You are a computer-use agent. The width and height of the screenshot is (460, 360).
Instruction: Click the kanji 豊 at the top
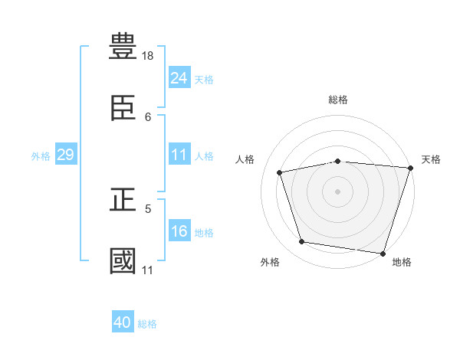(123, 46)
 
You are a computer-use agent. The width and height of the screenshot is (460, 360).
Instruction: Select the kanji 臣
(123, 108)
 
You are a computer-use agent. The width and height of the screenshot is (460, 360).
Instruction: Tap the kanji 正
(123, 199)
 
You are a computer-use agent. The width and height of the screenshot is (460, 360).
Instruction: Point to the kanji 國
(123, 260)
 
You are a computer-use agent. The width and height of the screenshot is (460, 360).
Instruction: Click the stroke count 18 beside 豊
(147, 56)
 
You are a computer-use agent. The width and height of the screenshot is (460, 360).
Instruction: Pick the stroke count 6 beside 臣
(148, 117)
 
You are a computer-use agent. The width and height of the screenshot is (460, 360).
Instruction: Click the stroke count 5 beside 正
(148, 209)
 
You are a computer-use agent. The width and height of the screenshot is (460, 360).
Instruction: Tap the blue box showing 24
(179, 77)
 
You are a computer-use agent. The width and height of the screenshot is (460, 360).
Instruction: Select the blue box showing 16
(179, 230)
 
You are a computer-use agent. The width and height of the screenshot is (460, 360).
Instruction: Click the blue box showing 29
(66, 154)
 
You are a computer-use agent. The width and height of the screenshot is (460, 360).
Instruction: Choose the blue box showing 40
(123, 321)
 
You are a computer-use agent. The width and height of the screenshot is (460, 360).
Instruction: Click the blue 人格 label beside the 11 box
(204, 156)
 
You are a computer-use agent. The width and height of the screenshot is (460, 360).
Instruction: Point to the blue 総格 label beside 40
(147, 324)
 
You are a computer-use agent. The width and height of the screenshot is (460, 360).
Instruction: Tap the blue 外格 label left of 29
(41, 156)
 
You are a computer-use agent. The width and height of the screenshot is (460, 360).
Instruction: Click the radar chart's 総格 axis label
(338, 100)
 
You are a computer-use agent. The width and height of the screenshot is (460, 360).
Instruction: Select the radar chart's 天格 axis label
(431, 159)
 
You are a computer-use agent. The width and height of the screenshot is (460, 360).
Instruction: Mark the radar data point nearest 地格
(383, 254)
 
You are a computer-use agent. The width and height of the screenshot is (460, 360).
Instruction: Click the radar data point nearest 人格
(280, 172)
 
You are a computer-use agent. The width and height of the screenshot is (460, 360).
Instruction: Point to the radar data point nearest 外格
(301, 242)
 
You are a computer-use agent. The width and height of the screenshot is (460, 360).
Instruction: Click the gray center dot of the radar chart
(337, 191)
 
